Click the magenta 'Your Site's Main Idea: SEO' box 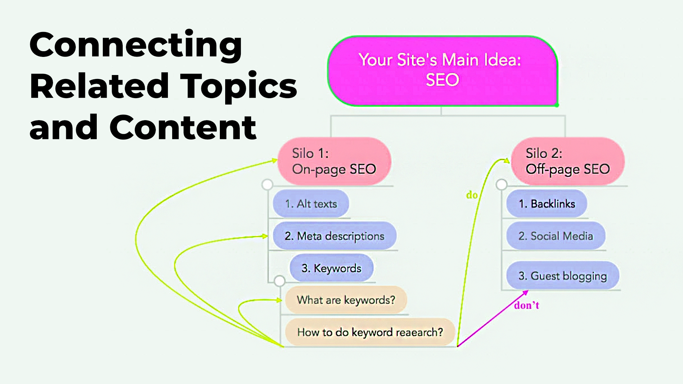point(443,71)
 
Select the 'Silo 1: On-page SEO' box point(334,161)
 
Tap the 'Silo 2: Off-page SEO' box point(568,161)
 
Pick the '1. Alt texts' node point(311,204)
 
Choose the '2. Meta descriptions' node point(334,236)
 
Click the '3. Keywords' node point(332,268)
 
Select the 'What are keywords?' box point(346,300)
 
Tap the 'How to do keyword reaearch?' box point(370,332)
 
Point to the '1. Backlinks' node point(547,204)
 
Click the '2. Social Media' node point(556,236)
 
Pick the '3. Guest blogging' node point(563,276)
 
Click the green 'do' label point(472,195)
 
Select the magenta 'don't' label point(526,305)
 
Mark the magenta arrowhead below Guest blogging point(525,293)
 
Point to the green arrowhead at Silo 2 point(507,160)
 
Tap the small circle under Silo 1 point(267,185)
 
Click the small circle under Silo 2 point(501,185)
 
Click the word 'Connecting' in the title point(136,46)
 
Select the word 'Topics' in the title point(239,87)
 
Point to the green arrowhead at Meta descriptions point(265,236)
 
